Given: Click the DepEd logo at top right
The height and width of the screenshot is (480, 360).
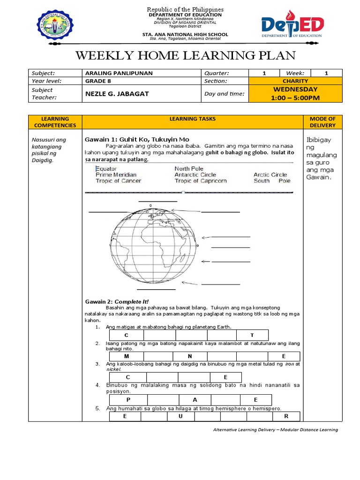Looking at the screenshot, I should tap(291, 27).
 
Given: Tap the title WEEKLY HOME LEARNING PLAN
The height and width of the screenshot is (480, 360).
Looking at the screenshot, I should tap(185, 56).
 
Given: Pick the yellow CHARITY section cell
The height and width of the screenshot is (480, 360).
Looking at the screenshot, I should tap(295, 81).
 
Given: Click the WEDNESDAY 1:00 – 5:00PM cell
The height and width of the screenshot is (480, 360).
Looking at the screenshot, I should tap(295, 93).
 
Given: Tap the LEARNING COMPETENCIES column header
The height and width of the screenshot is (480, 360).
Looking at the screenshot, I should tap(55, 122).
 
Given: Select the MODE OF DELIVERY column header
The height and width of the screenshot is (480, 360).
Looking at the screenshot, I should tap(323, 122).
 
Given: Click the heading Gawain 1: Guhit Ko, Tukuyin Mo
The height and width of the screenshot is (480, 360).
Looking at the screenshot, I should tap(136, 139).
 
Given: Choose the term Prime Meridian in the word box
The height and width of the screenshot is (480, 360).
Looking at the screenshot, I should tap(116, 175).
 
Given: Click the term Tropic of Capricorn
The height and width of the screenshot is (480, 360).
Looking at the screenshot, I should tap(201, 181).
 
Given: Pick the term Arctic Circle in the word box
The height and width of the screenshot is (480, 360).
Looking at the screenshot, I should tap(270, 175).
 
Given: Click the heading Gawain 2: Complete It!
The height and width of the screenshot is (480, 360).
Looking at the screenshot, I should tap(117, 301).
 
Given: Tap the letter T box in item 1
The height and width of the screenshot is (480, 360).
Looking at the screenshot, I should tap(252, 335).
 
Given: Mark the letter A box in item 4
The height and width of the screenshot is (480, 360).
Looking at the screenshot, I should tap(195, 400).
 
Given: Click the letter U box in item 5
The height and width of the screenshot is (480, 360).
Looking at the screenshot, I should tap(180, 416).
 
